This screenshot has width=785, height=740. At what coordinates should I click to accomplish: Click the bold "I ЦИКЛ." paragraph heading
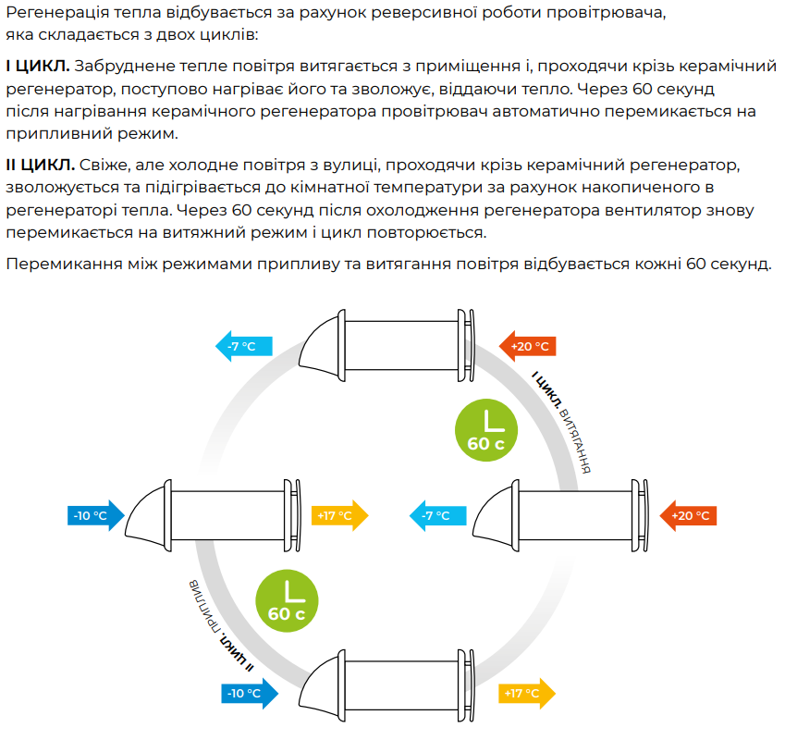(38, 66)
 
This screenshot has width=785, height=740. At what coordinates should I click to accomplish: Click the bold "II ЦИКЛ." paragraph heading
(40, 165)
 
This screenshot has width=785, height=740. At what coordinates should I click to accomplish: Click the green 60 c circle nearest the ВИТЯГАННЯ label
(486, 430)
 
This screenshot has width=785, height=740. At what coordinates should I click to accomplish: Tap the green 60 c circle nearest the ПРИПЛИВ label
(287, 600)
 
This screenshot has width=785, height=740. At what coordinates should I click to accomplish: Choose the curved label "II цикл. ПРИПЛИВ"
(220, 626)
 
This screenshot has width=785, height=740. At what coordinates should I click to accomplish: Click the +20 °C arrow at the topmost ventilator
(528, 346)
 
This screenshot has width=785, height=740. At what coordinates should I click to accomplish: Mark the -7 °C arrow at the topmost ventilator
(244, 346)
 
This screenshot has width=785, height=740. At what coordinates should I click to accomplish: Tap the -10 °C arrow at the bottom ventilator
(250, 694)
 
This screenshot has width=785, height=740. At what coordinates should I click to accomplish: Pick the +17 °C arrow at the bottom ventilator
(527, 694)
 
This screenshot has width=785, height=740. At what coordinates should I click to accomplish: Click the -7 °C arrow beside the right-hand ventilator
(438, 516)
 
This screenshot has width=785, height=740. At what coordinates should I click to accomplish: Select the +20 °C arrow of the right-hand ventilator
(688, 516)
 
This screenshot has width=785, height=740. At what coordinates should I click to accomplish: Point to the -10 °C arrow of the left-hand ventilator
(96, 516)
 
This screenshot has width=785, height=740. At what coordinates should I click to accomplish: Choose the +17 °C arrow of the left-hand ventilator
(340, 516)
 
